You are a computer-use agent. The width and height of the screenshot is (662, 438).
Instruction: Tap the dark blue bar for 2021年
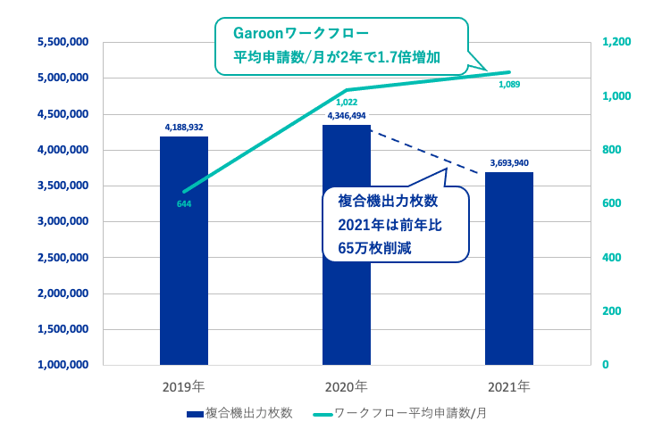pos(509,269)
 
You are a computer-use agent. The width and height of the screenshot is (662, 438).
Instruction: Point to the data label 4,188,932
pos(184,128)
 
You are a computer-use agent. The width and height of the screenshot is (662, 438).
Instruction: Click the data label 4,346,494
pos(347,116)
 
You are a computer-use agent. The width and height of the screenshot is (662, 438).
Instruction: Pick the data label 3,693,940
pos(509,163)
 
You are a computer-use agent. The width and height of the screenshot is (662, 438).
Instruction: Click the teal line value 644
pos(184,204)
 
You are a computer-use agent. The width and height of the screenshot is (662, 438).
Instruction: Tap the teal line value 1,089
pos(508,85)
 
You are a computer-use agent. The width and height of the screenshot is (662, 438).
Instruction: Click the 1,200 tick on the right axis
pos(616,42)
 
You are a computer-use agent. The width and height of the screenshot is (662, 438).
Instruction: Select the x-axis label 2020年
pos(347,387)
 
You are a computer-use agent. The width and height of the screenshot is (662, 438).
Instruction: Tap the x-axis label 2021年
pos(509,387)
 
